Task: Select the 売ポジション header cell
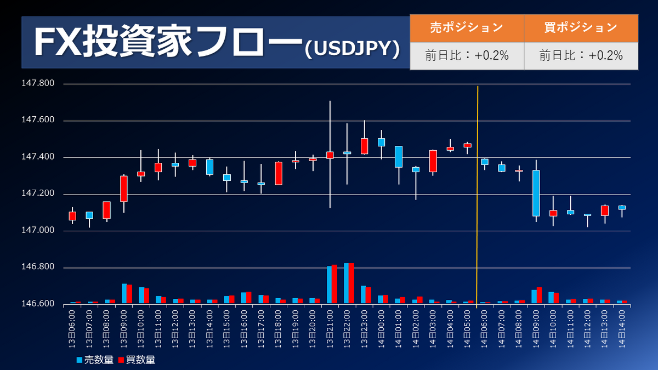(x=467, y=27)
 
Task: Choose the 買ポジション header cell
(x=581, y=27)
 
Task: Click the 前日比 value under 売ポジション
(x=467, y=55)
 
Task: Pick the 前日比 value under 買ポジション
(x=581, y=55)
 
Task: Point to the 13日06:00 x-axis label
(x=73, y=328)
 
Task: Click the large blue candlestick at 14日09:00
(x=536, y=193)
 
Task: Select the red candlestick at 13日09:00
(x=124, y=189)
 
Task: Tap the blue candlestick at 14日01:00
(x=399, y=157)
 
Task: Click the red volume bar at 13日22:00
(x=351, y=283)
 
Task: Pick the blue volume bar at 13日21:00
(x=329, y=284)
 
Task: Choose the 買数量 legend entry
(x=137, y=360)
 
